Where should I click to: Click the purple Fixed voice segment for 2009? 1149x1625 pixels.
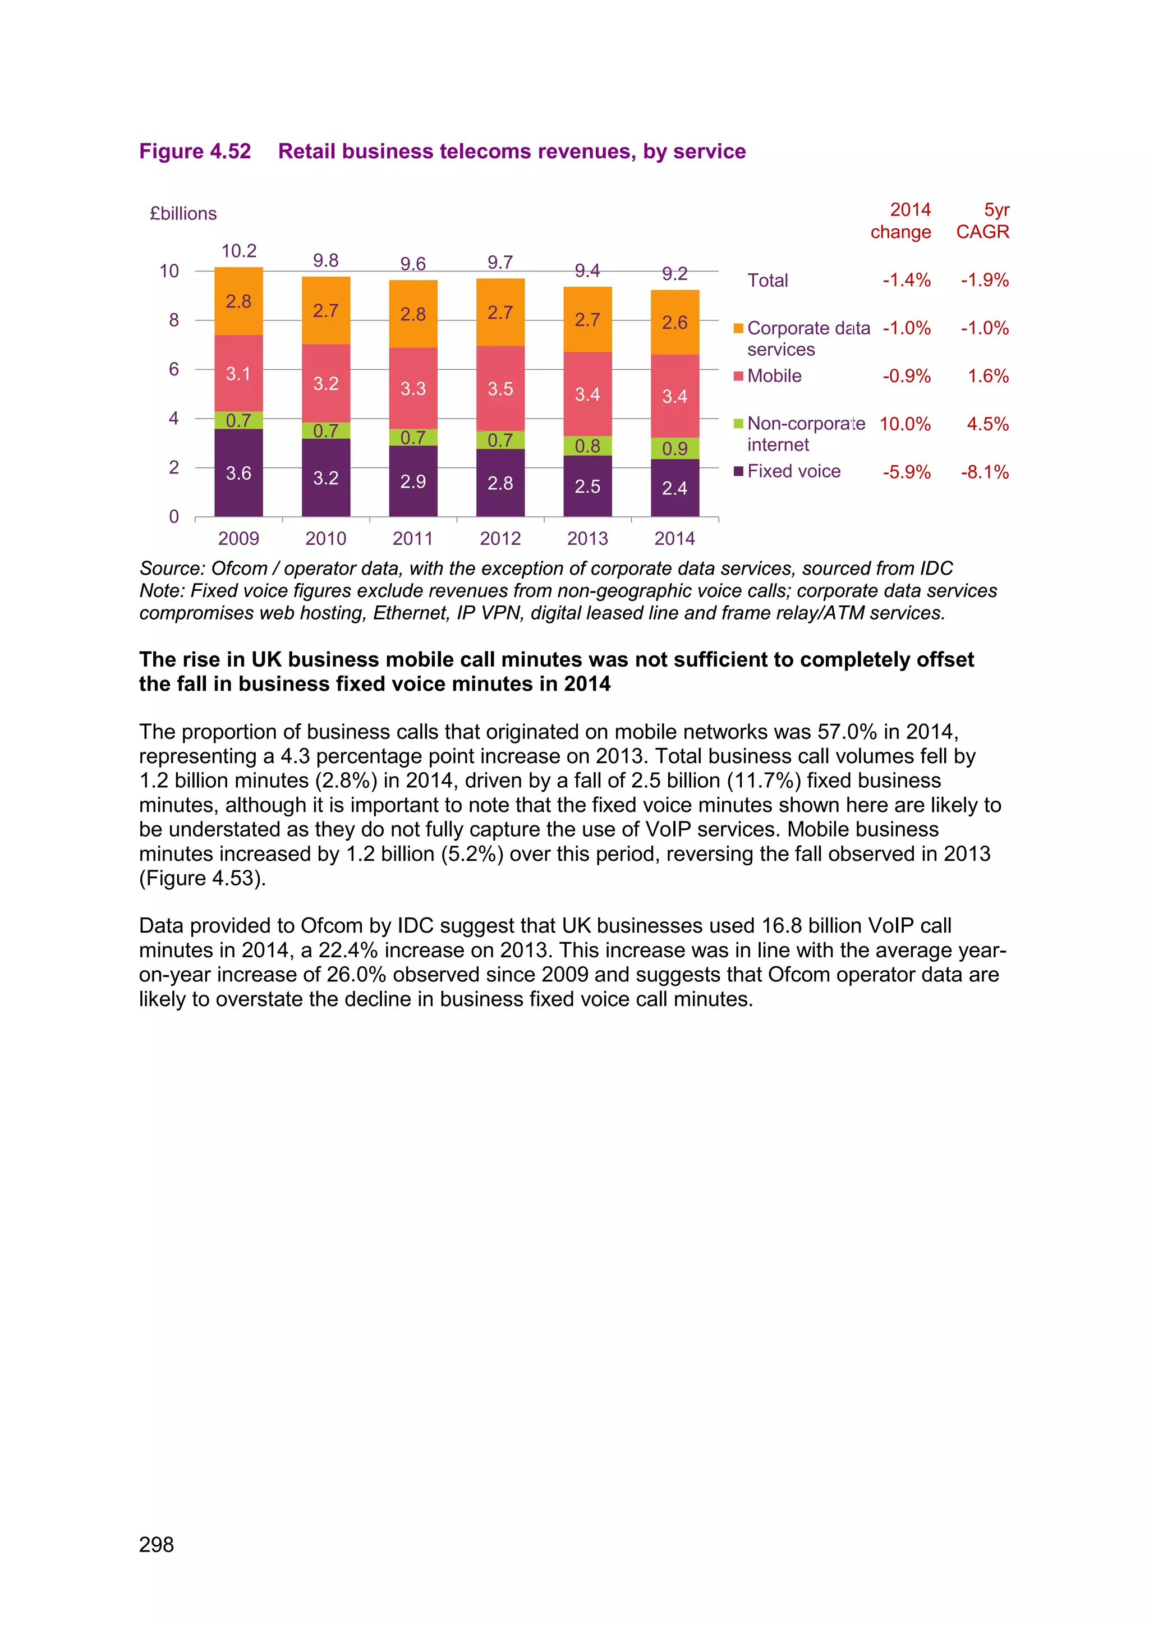[x=238, y=473]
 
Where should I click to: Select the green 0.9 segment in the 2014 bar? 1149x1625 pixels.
[x=674, y=448]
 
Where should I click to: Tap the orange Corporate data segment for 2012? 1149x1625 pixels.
[x=500, y=312]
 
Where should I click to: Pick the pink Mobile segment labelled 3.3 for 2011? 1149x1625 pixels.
[x=412, y=388]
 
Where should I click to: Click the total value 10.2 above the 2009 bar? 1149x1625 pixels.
[x=238, y=251]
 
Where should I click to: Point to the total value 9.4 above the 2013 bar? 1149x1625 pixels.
[x=587, y=271]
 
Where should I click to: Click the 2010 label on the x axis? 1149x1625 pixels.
[x=325, y=539]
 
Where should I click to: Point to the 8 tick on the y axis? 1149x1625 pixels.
[x=173, y=320]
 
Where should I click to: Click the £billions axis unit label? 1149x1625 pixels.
[x=183, y=214]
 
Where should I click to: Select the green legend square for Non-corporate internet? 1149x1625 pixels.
[x=738, y=424]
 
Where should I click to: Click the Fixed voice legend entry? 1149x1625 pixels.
[x=793, y=471]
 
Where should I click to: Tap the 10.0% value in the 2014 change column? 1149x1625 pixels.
[x=904, y=424]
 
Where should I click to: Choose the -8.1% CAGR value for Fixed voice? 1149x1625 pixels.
[x=984, y=472]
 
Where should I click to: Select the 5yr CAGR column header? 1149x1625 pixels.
[x=983, y=221]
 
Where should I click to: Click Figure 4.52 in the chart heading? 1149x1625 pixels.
[x=195, y=152]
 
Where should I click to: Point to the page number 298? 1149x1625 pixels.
[x=157, y=1544]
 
